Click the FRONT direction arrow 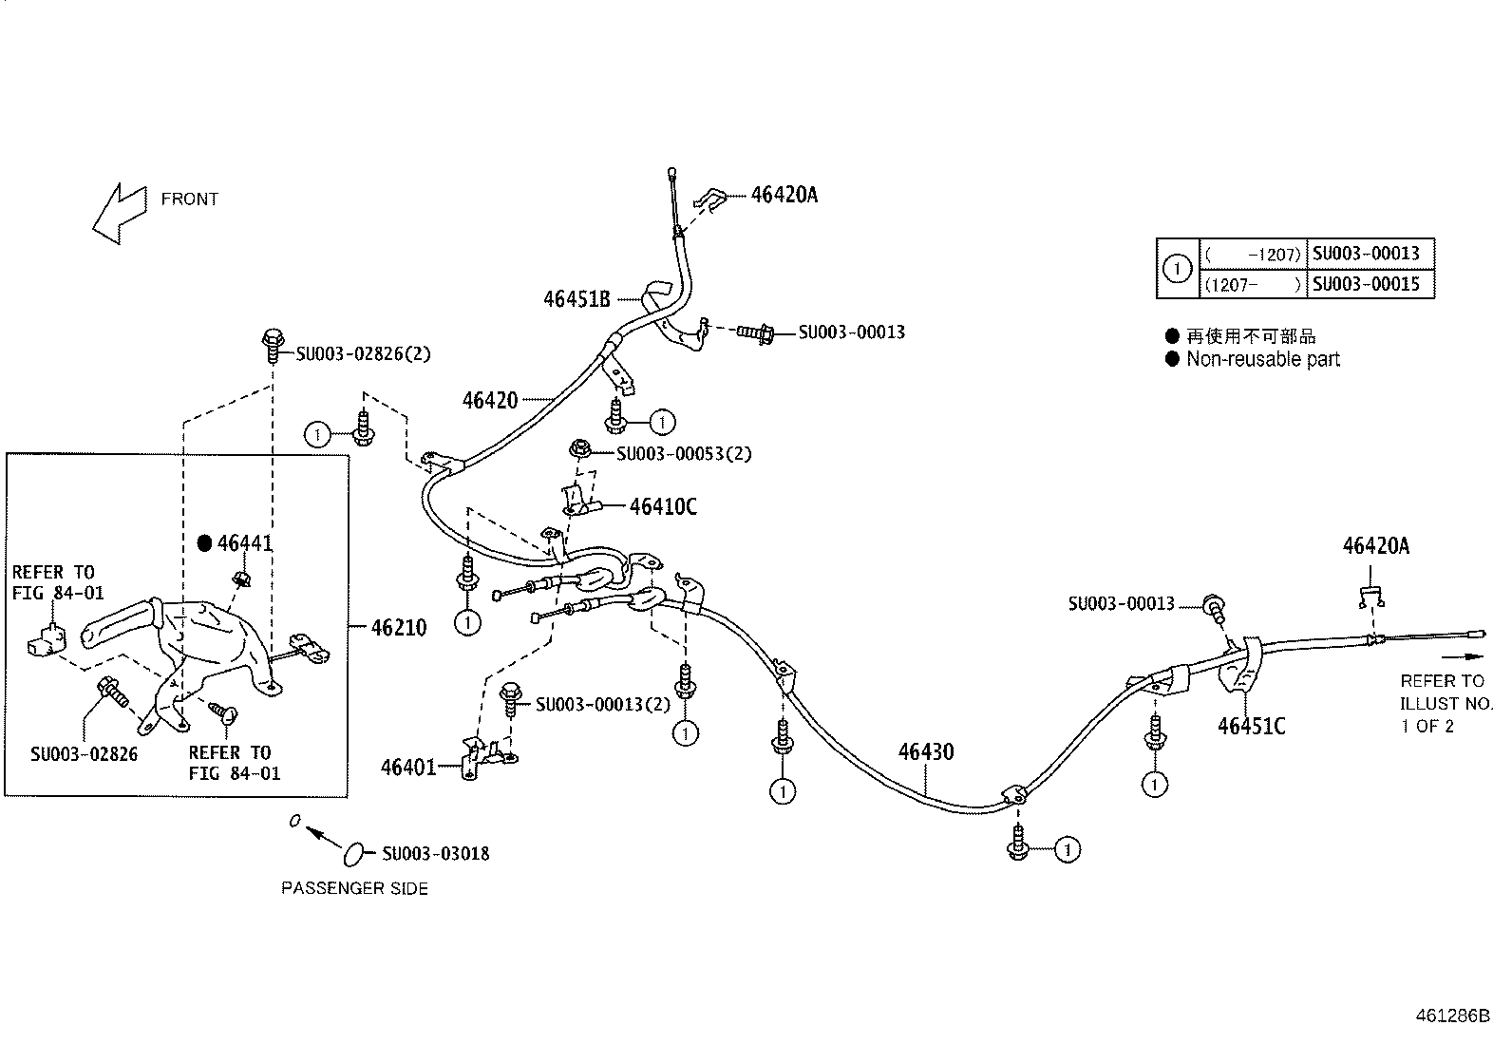(x=119, y=213)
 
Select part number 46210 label (x=398, y=628)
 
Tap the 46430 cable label (x=926, y=752)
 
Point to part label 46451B (x=576, y=299)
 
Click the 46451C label (x=1251, y=727)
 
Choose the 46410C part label (x=663, y=506)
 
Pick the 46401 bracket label (x=408, y=768)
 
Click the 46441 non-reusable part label (x=245, y=543)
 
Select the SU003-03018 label (x=436, y=853)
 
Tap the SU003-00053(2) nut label (x=684, y=454)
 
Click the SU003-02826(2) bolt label (x=363, y=354)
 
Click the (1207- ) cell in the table (x=1253, y=284)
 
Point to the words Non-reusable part (x=1262, y=359)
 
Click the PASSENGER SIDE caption (x=354, y=888)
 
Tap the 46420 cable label (x=490, y=400)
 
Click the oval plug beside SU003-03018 (x=352, y=853)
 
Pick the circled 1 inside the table (x=1178, y=269)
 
